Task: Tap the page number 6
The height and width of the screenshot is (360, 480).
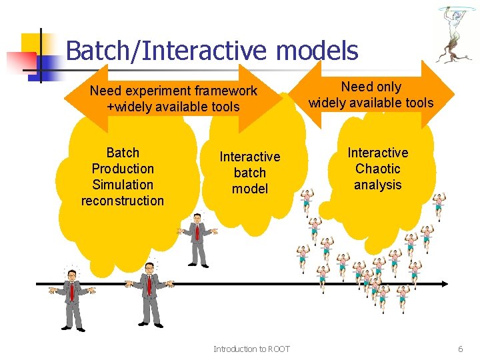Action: tap(460, 349)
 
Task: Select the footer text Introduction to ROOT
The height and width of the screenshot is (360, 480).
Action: tap(251, 349)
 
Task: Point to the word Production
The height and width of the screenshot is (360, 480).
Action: tap(123, 169)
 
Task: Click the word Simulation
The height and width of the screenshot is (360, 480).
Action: tap(123, 185)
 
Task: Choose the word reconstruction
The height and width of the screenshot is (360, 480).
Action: tap(123, 201)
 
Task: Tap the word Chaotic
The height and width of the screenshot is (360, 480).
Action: tap(378, 169)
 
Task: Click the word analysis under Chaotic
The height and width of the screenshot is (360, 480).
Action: tap(378, 185)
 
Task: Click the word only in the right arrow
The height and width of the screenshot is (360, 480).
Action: tap(389, 87)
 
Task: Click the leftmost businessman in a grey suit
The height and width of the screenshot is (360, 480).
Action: tap(71, 297)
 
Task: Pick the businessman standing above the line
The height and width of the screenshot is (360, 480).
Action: tap(197, 240)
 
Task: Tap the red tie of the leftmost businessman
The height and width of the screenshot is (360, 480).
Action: tap(71, 291)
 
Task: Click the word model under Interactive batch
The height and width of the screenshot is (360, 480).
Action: tap(250, 189)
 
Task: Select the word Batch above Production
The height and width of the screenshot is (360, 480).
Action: tap(123, 153)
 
